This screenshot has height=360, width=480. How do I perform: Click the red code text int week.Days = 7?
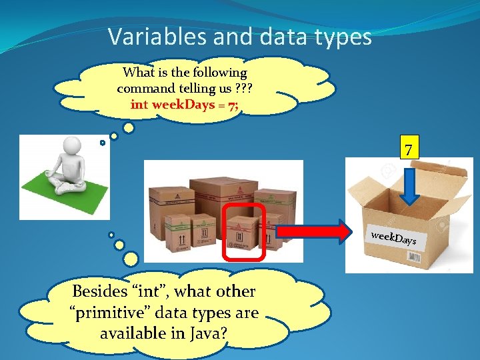coord(185,104)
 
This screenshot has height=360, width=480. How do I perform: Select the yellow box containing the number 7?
coord(409,147)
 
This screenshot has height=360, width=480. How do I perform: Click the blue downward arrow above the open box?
coord(409,186)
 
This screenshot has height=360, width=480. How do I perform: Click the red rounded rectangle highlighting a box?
coord(244,232)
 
